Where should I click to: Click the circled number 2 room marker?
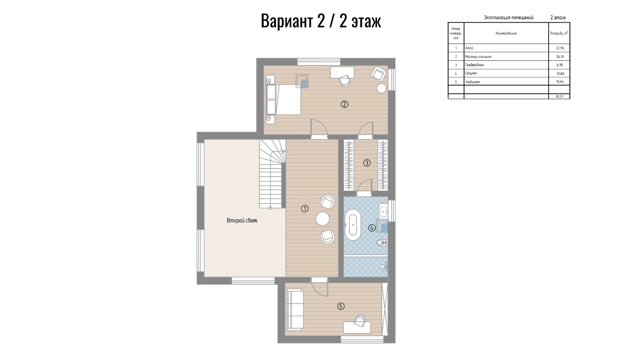point(344,104)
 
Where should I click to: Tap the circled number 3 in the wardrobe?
point(366,163)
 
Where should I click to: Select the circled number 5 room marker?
point(341,307)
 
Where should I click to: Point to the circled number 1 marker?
point(305,209)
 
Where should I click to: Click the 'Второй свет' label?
point(242,221)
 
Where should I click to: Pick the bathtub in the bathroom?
point(353,225)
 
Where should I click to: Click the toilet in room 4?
point(382,243)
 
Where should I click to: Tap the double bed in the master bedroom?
point(283,100)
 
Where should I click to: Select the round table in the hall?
point(323,219)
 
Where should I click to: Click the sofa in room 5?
point(295,310)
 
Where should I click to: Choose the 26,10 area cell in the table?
point(560,56)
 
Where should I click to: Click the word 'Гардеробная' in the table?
point(474,65)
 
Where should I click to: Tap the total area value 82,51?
point(559,97)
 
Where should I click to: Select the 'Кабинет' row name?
point(472,82)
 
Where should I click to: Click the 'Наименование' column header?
point(506,34)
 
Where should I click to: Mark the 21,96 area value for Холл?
point(560,48)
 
